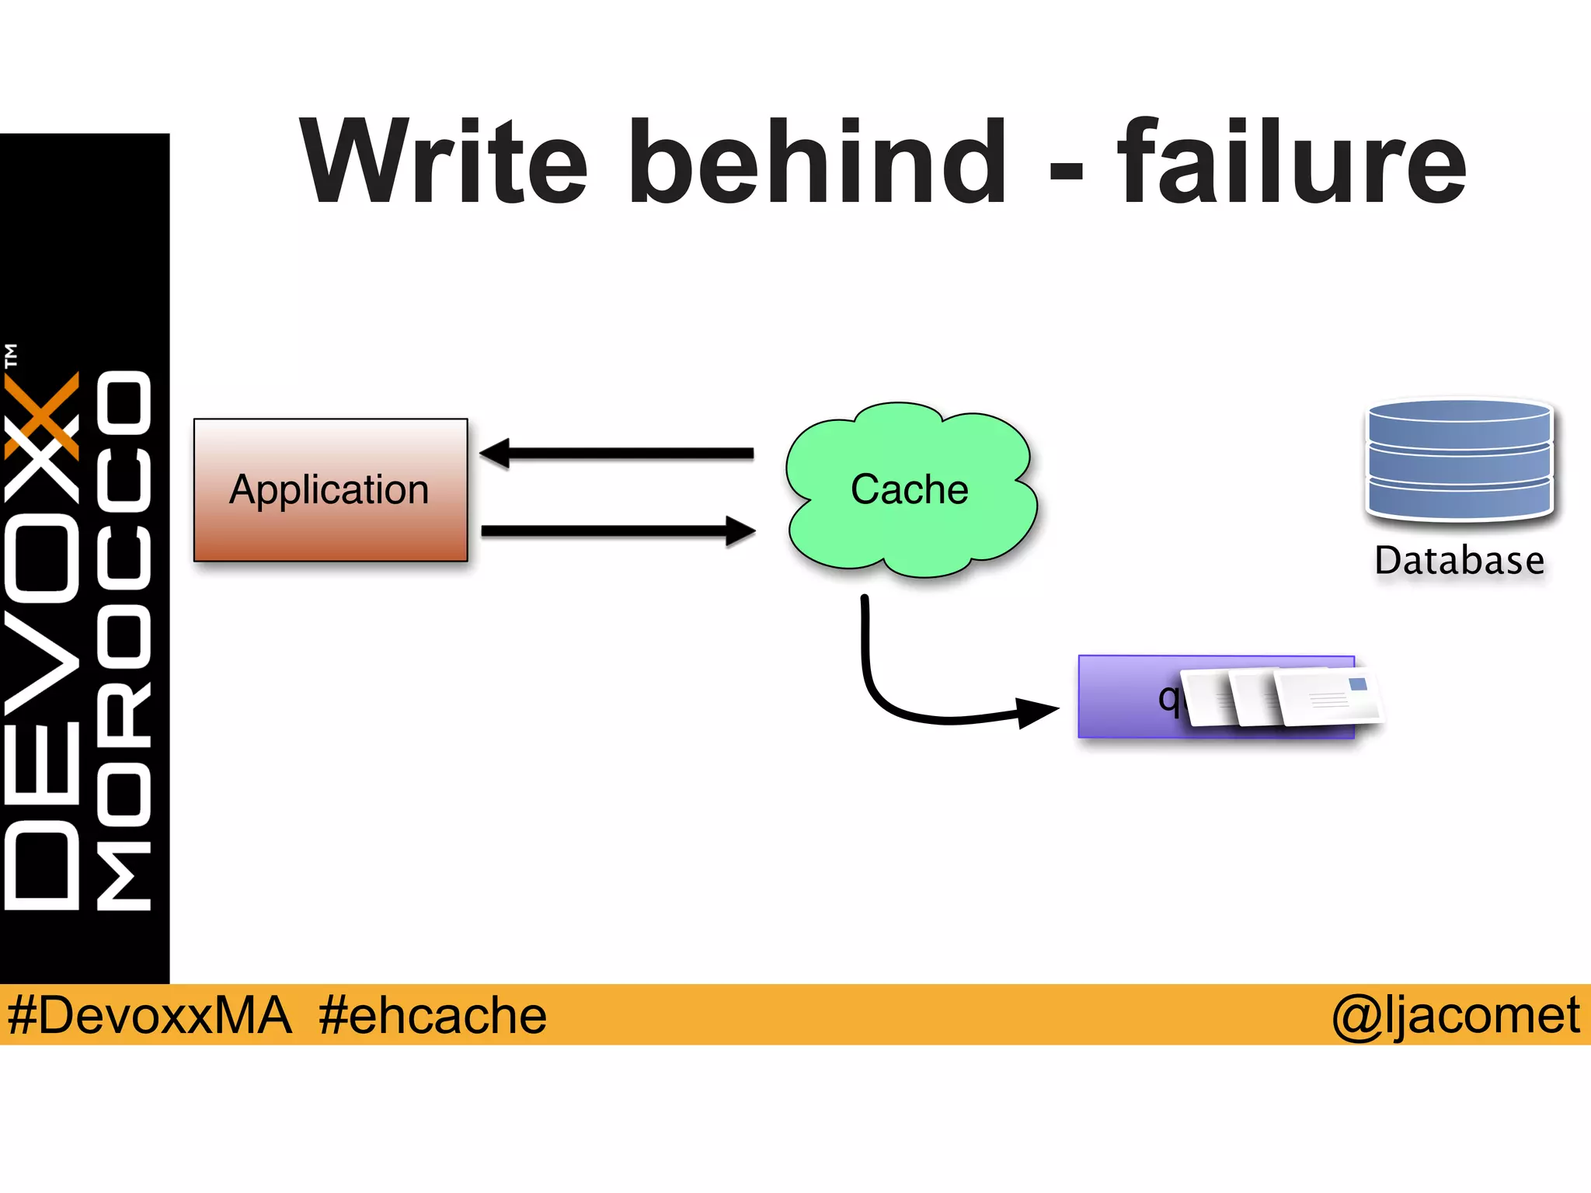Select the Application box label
tap(329, 490)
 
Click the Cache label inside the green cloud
tap(909, 489)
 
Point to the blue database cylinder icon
tap(1460, 460)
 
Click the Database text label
tap(1459, 561)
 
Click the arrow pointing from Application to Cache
tap(618, 531)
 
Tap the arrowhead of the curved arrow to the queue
tap(1037, 711)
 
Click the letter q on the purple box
tap(1168, 697)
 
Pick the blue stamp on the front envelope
tap(1358, 684)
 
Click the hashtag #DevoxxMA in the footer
tap(149, 1015)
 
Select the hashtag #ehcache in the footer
tap(433, 1015)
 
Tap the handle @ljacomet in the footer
tap(1455, 1015)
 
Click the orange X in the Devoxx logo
tap(43, 416)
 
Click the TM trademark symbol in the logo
tap(11, 355)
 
